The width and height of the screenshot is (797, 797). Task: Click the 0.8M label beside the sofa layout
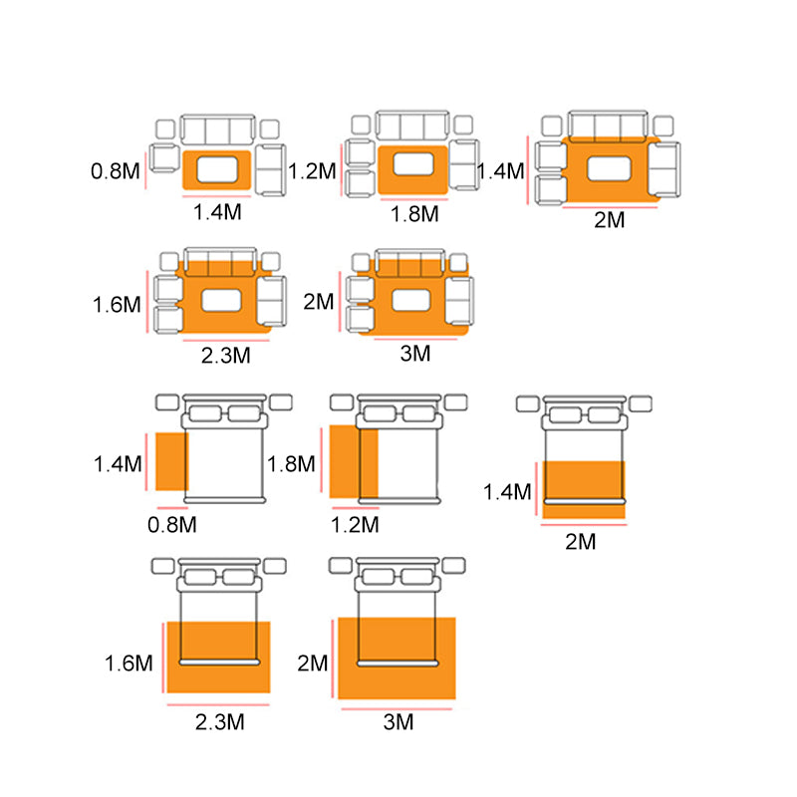[115, 171]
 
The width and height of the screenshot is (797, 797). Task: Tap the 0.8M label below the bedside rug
[171, 525]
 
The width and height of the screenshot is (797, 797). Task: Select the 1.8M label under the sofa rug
[414, 214]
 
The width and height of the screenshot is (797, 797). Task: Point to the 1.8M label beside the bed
[291, 464]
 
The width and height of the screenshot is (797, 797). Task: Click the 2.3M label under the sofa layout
[226, 356]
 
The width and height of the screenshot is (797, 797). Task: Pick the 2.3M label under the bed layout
[219, 721]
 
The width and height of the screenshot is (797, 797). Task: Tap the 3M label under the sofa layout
[415, 354]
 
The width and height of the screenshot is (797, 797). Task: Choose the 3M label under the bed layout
[398, 721]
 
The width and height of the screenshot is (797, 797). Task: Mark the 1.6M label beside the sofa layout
[117, 305]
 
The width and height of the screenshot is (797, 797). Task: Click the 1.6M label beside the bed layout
[129, 664]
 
